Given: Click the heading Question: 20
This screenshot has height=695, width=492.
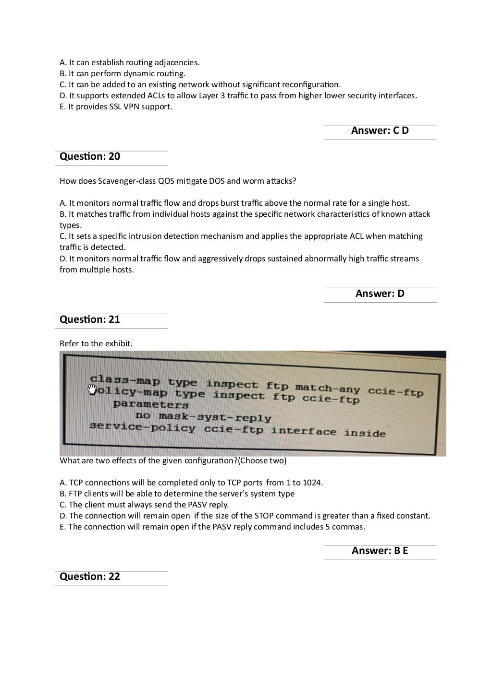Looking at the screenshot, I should [90, 156].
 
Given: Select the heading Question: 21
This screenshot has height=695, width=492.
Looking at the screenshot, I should [90, 319].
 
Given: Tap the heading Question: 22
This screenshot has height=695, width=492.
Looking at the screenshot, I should [90, 577].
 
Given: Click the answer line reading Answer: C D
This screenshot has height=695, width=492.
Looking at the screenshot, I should [380, 130].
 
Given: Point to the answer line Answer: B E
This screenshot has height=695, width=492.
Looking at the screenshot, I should [380, 551].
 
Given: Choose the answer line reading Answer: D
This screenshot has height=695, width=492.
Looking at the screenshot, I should [380, 294].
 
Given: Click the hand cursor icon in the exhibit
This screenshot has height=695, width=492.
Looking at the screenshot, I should [93, 389].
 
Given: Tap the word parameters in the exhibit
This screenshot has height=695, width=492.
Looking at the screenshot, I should [151, 404].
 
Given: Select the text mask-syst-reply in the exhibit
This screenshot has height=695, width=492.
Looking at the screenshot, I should [215, 417].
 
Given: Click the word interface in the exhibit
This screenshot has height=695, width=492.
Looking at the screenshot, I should [303, 431].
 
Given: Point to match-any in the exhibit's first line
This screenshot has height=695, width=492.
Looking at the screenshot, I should [327, 388].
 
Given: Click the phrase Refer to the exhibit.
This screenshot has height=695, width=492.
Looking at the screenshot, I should [96, 343].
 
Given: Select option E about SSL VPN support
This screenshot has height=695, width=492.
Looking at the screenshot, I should [116, 106].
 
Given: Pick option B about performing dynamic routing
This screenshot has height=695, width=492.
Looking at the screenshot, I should [123, 73].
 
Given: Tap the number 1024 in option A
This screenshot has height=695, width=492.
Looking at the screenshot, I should [312, 483].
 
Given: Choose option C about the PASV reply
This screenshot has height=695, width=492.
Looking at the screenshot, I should [144, 505].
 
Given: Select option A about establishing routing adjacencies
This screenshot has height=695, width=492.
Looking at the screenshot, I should [129, 62].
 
